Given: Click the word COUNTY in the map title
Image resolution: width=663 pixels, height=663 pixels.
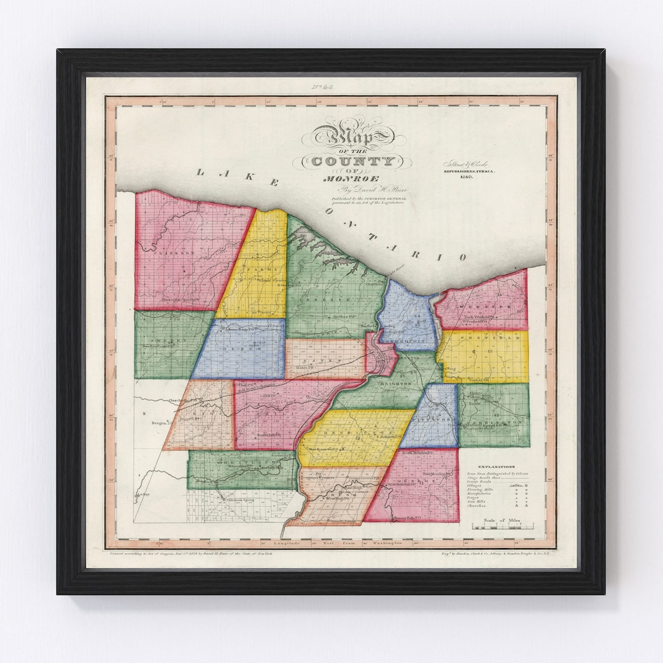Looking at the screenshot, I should coord(353,161).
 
